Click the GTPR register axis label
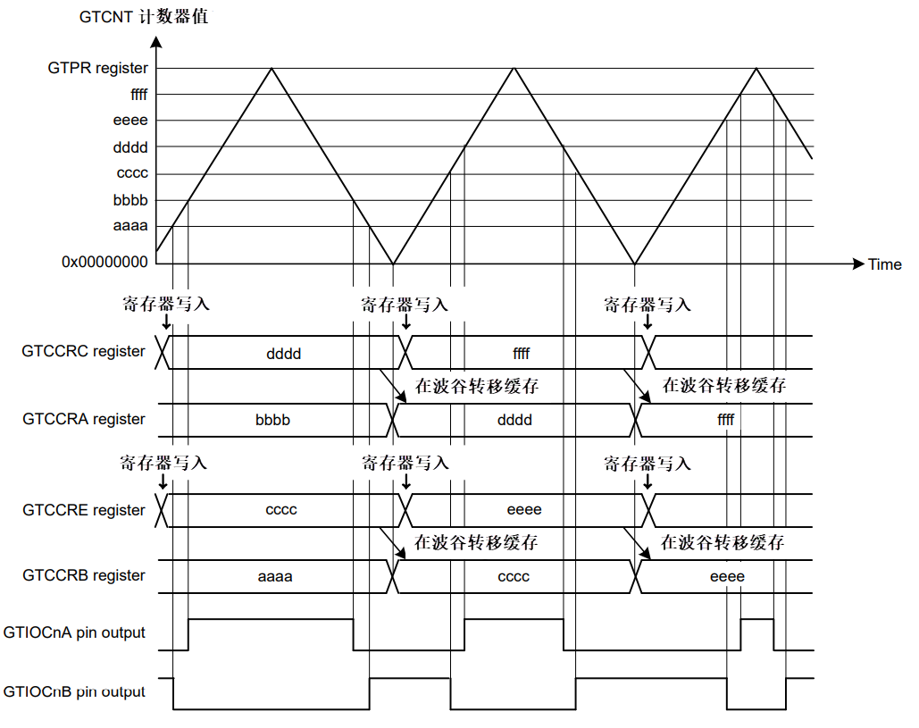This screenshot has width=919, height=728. click(98, 69)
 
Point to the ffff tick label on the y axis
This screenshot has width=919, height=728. click(139, 95)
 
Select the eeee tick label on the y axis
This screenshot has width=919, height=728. click(130, 121)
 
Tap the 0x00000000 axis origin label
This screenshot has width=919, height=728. click(104, 262)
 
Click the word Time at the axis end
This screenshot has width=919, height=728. click(884, 264)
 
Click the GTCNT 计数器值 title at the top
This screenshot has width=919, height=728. click(144, 16)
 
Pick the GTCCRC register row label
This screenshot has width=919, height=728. click(83, 351)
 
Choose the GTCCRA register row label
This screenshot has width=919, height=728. click(84, 419)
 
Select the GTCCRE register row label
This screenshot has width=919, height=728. click(84, 510)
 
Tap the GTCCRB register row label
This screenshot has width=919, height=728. click(84, 575)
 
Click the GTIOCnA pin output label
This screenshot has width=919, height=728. click(74, 632)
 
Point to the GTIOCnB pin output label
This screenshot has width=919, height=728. click(74, 691)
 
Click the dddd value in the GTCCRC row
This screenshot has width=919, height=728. click(284, 354)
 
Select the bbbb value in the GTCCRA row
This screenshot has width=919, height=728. click(272, 420)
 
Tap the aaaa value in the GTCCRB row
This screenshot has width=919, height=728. click(275, 577)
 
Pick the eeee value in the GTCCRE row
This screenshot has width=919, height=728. click(524, 510)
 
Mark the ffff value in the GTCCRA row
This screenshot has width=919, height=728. click(725, 420)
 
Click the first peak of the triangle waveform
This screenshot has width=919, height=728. click(272, 69)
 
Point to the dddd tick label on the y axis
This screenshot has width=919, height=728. click(130, 147)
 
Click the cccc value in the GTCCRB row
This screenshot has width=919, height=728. click(514, 577)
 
